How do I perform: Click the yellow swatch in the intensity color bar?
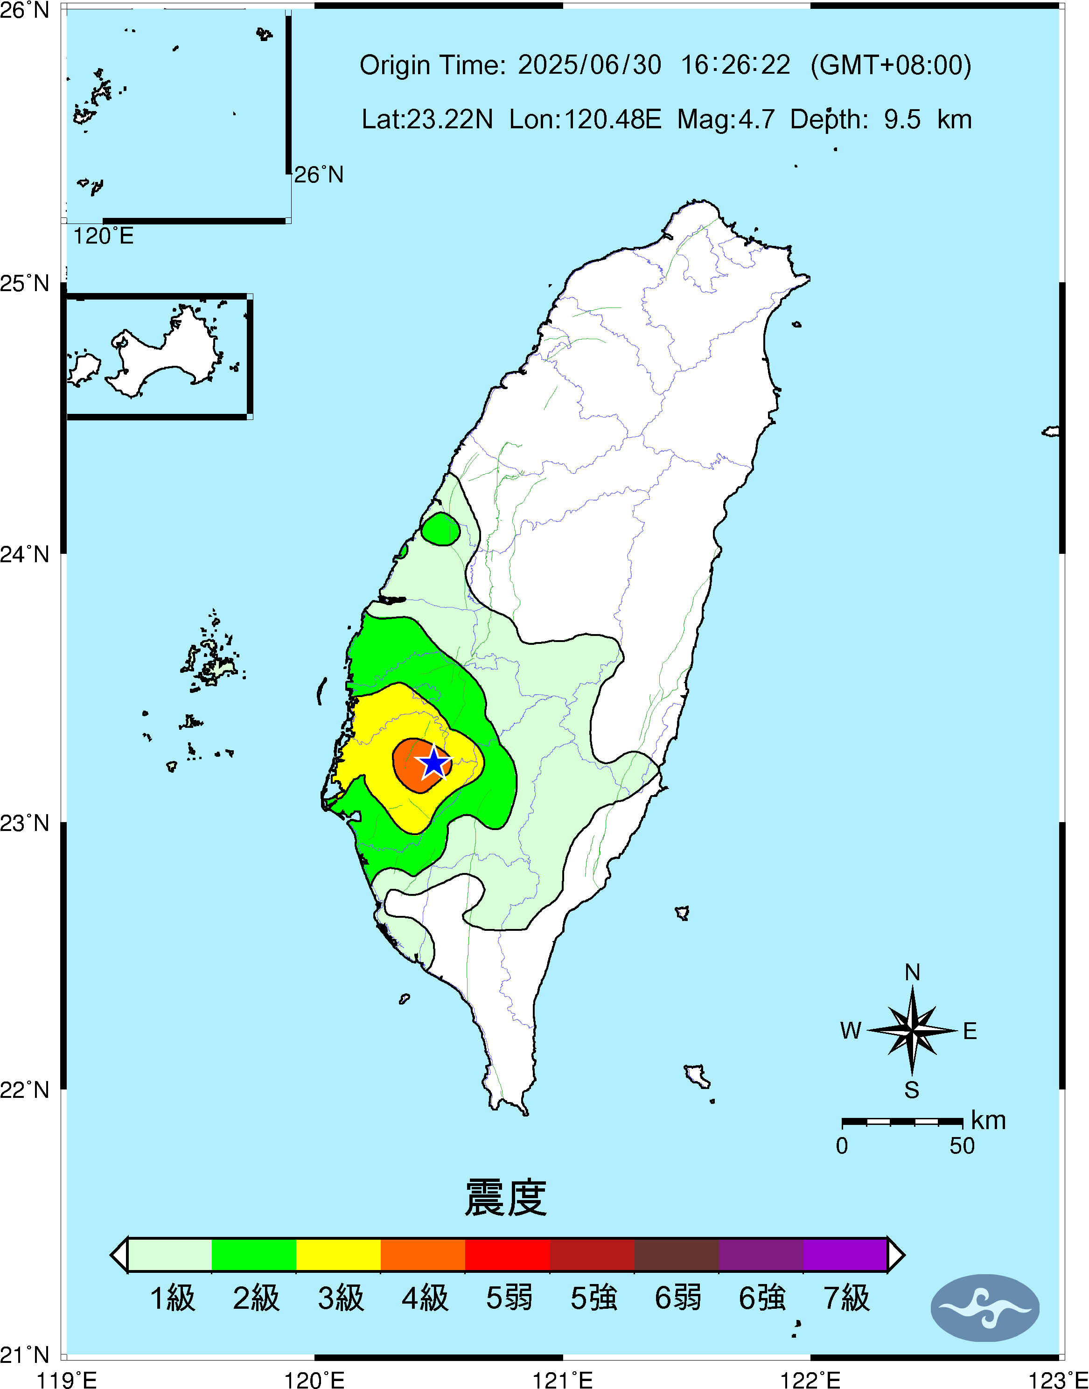pyautogui.click(x=339, y=1255)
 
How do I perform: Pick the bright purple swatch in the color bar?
pyautogui.click(x=845, y=1255)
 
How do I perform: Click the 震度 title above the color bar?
pyautogui.click(x=506, y=1198)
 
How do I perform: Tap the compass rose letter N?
pyautogui.click(x=912, y=973)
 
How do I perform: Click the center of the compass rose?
pyautogui.click(x=912, y=1030)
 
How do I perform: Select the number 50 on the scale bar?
pyautogui.click(x=962, y=1146)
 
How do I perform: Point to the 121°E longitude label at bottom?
pyautogui.click(x=562, y=1380)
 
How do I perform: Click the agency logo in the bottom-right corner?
pyautogui.click(x=984, y=1308)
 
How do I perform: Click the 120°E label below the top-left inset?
pyautogui.click(x=103, y=237)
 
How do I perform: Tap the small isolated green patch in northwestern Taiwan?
pyautogui.click(x=440, y=529)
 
